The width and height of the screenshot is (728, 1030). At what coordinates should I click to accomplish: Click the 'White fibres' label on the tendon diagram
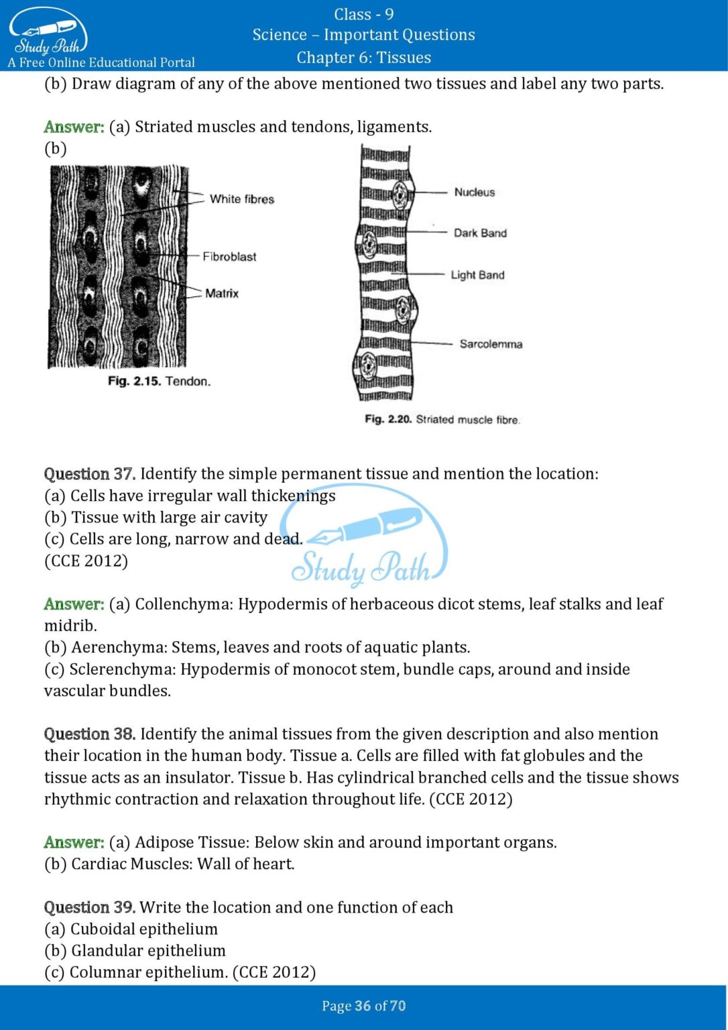pyautogui.click(x=241, y=199)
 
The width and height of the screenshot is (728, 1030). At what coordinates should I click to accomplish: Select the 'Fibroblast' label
pyautogui.click(x=229, y=256)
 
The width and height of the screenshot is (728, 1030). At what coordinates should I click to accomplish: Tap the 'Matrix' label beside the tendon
pyautogui.click(x=222, y=293)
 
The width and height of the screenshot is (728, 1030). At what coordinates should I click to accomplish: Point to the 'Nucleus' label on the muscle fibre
pyautogui.click(x=474, y=192)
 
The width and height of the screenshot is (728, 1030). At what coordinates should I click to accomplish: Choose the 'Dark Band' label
pyautogui.click(x=480, y=233)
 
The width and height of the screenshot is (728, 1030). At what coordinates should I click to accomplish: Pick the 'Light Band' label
pyautogui.click(x=477, y=275)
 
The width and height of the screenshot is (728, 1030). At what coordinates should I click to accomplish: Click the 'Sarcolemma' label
pyautogui.click(x=491, y=344)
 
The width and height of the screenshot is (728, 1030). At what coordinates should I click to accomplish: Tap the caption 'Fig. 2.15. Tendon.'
pyautogui.click(x=159, y=381)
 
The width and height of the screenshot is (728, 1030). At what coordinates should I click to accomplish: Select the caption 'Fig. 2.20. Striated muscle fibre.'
pyautogui.click(x=442, y=419)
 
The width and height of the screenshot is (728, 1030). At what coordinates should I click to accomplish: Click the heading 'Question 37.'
pyautogui.click(x=90, y=473)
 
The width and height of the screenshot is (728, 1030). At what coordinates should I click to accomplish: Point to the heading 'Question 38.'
pyautogui.click(x=90, y=734)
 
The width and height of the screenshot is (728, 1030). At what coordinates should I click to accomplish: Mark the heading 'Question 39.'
pyautogui.click(x=90, y=907)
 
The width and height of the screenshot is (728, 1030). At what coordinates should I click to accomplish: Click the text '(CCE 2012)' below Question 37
pyautogui.click(x=86, y=561)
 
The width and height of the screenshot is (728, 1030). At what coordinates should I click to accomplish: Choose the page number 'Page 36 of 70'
pyautogui.click(x=363, y=1006)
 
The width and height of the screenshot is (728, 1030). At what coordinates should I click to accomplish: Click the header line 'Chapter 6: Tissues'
pyautogui.click(x=363, y=58)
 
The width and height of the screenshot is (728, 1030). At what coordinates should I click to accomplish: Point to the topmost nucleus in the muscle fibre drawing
pyautogui.click(x=400, y=194)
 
